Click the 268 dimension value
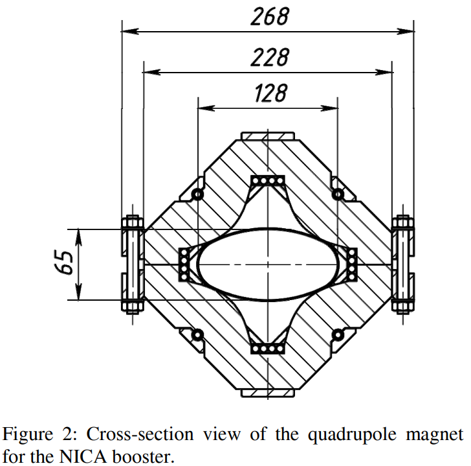tap(270, 17)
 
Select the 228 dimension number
tap(270, 58)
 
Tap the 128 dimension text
tap(270, 94)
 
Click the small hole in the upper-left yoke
tap(198, 194)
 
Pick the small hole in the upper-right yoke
tap(336, 194)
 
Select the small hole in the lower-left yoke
tap(198, 334)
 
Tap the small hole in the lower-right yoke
tap(336, 334)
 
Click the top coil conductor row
tap(267, 180)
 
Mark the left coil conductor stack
tap(184, 264)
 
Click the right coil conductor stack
tap(352, 264)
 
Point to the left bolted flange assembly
tap(133, 264)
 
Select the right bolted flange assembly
tap(402, 264)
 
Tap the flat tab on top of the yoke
tap(267, 136)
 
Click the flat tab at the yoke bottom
tap(267, 392)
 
